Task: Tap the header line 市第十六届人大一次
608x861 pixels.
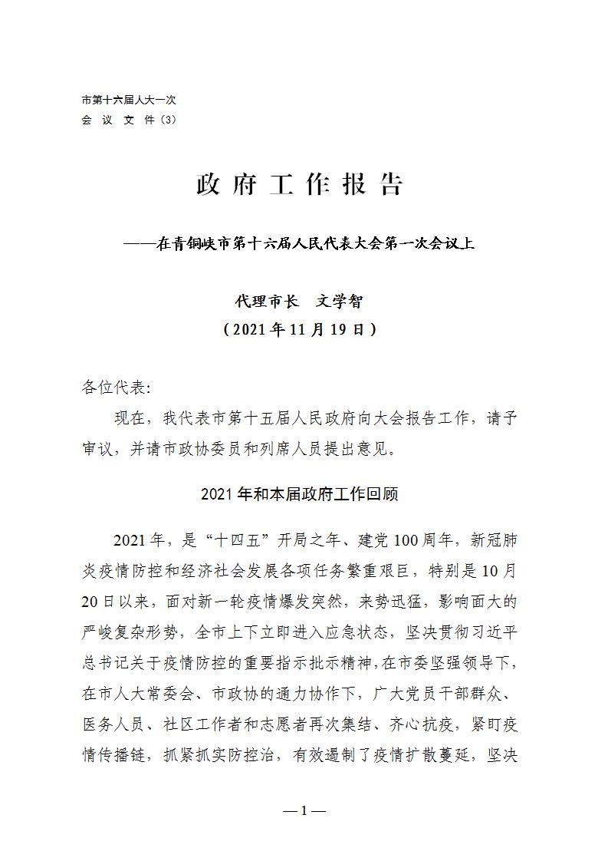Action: pos(129,101)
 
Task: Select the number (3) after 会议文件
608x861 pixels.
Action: pos(169,120)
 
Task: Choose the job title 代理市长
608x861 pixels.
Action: pos(265,302)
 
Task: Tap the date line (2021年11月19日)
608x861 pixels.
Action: pos(300,330)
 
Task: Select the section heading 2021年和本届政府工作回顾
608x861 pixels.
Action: pos(300,493)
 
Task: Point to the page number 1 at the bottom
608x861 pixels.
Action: pos(304,810)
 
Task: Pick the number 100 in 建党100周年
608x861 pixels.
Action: pos(407,540)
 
